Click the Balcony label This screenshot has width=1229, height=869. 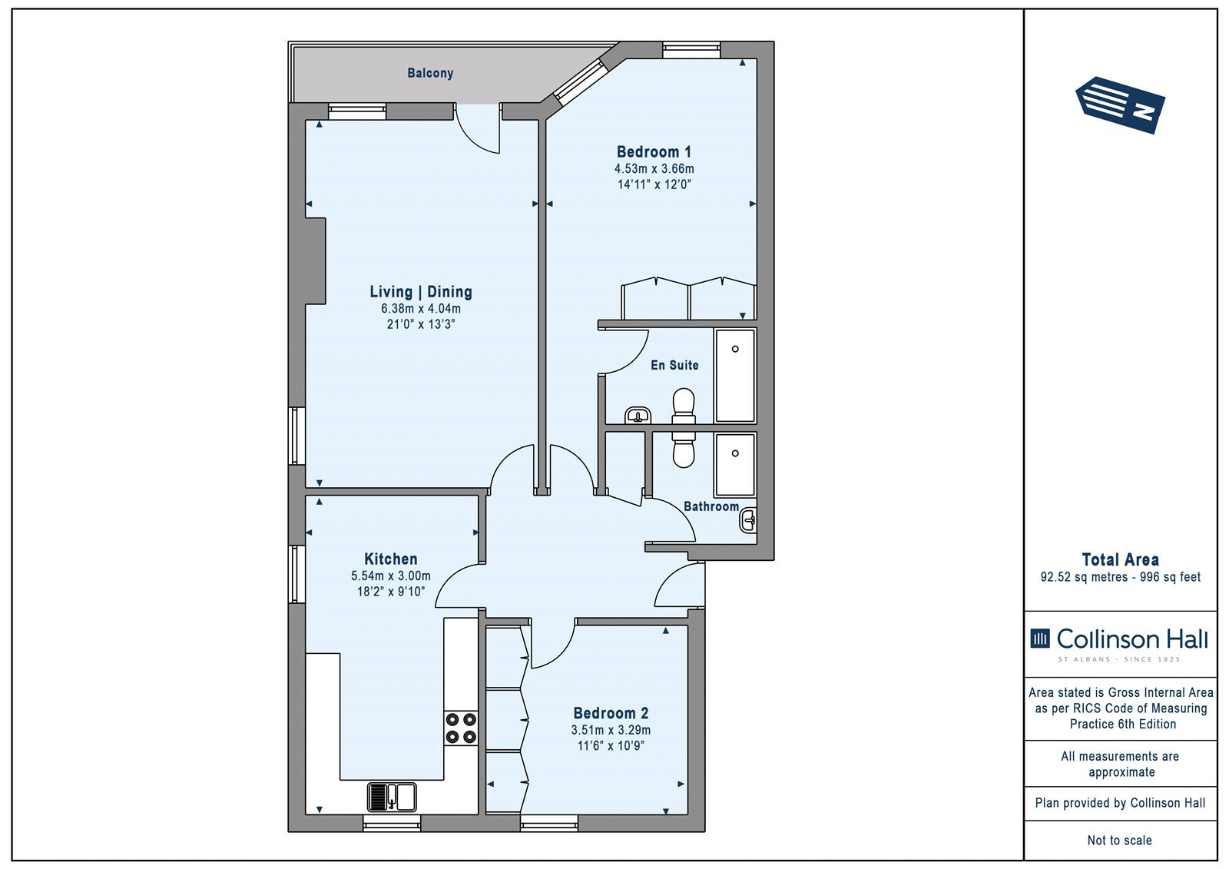430,73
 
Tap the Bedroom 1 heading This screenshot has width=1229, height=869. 654,151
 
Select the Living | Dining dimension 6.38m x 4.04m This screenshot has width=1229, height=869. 421,309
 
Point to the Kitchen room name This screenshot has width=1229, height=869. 391,559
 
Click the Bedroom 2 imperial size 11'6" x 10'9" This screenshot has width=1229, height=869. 611,745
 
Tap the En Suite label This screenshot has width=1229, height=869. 674,365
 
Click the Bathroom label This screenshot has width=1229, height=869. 711,506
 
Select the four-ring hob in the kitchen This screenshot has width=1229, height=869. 461,728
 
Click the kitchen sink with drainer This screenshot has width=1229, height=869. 391,797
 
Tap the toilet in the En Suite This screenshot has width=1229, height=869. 684,406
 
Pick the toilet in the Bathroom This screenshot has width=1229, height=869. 684,449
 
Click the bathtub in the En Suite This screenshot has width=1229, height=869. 735,376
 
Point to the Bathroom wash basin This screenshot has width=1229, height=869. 748,520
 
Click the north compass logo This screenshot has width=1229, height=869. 1120,105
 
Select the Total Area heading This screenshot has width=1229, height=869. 1121,560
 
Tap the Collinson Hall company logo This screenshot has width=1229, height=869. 1119,643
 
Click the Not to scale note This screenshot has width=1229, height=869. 1120,840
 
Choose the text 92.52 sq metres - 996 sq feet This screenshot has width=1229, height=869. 1121,577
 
